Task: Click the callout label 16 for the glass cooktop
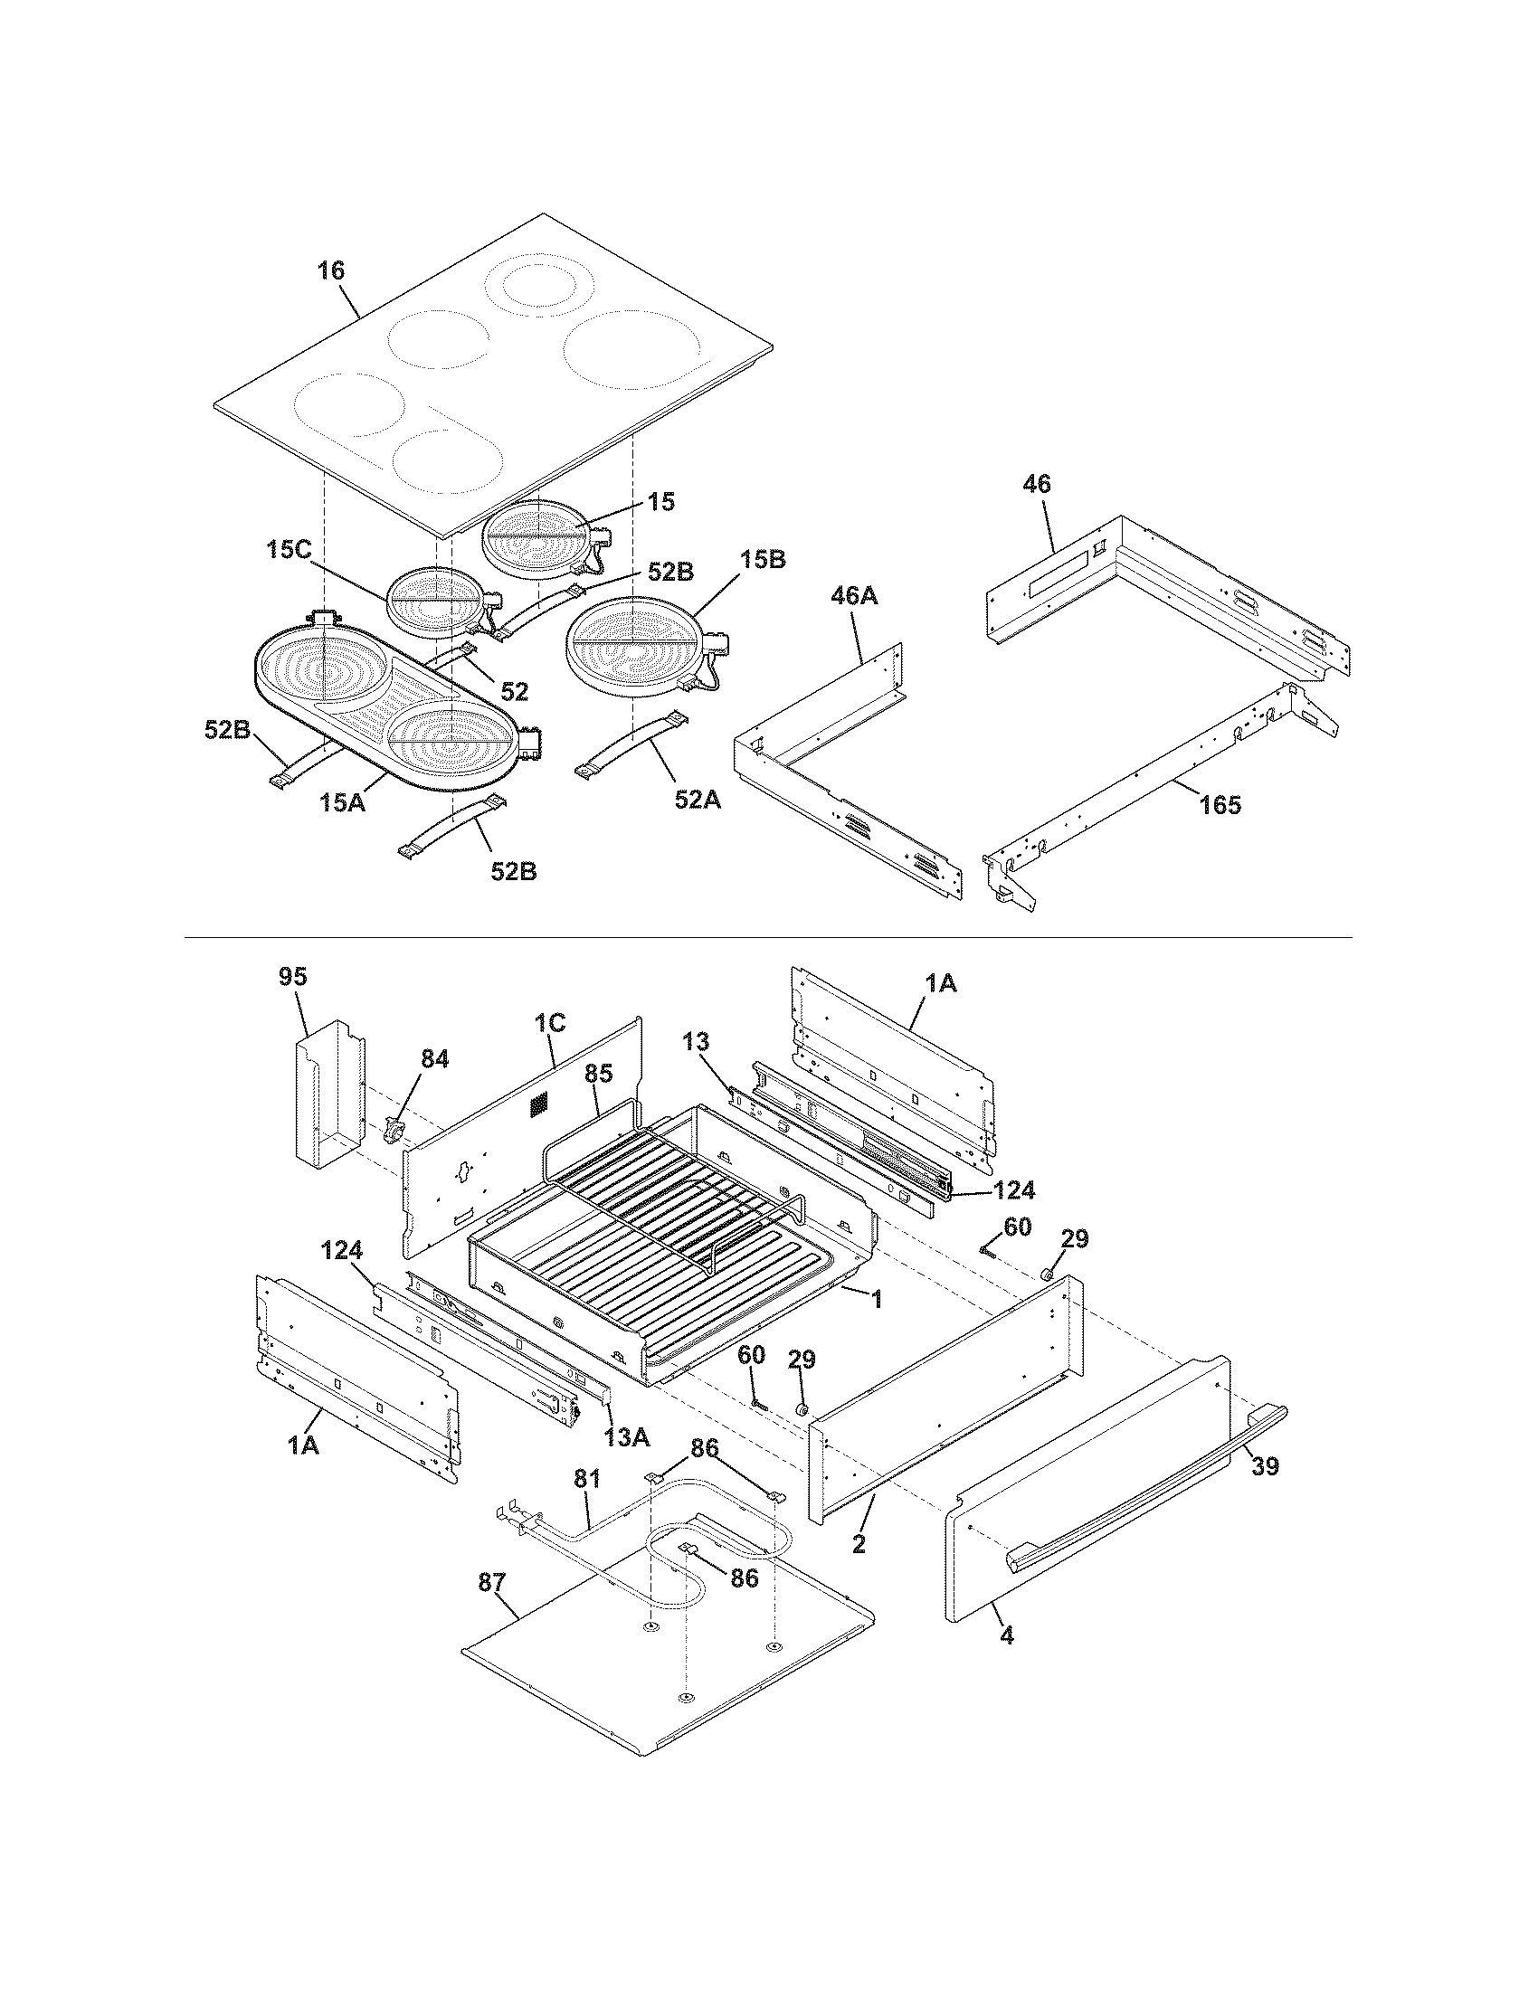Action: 332,270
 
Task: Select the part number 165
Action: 1220,804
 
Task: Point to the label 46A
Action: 854,597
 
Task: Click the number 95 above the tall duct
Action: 293,977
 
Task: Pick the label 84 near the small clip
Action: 434,1060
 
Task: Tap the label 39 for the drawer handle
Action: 1265,1466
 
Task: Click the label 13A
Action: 627,1437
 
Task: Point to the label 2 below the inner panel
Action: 859,1543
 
